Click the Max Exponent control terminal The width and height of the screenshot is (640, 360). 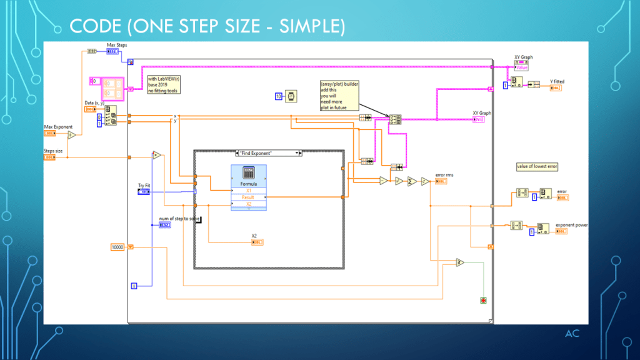tap(51, 134)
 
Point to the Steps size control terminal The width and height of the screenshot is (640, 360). tap(51, 157)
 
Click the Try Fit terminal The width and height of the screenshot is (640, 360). tap(144, 192)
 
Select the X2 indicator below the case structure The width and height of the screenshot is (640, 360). tap(257, 242)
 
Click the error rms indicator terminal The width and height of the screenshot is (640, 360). tap(441, 182)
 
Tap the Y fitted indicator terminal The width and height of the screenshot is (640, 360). tap(556, 88)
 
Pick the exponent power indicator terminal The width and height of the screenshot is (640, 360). tap(562, 231)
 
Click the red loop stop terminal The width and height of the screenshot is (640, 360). tap(483, 300)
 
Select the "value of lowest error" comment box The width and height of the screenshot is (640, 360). tap(537, 166)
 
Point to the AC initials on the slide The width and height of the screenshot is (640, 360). tap(572, 333)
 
